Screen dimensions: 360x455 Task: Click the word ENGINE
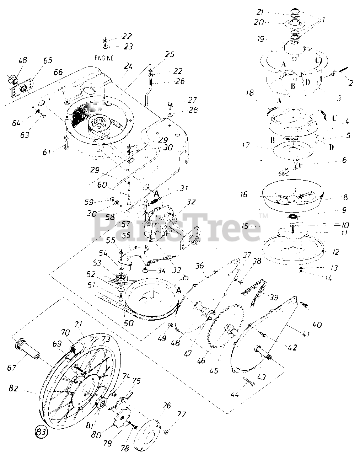point(104,58)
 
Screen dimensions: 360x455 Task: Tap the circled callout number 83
point(41,431)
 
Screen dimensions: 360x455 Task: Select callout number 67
point(11,368)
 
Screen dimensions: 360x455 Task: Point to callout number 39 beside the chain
point(274,297)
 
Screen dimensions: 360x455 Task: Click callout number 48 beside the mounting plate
point(22,60)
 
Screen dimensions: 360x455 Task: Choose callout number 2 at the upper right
point(350,83)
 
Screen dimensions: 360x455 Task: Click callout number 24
point(128,66)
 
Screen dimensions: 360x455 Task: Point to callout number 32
point(191,202)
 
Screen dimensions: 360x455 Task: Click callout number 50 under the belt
point(129,323)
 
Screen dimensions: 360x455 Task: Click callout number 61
point(46,152)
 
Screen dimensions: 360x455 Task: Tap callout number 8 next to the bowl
point(345,197)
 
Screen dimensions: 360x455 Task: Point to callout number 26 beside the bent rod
point(180,81)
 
